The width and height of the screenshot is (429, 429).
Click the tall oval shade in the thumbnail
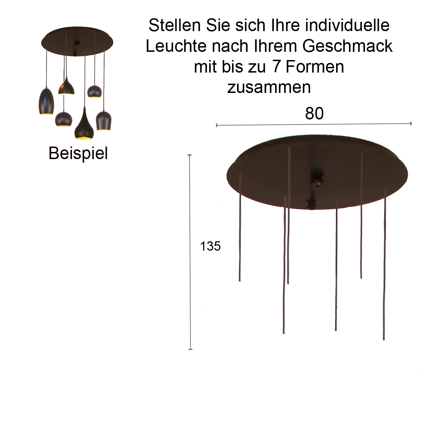coord(46,102)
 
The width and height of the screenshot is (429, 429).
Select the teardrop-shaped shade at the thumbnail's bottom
coord(84,125)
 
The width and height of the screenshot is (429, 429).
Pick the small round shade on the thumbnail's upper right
coord(94,92)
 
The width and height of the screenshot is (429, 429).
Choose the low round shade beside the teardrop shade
coord(64,119)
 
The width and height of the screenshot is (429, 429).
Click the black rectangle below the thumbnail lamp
coord(78,154)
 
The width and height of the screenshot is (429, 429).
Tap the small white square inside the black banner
coord(276,66)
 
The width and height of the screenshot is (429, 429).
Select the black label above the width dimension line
coord(314,113)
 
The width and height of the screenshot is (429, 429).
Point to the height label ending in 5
coord(211,246)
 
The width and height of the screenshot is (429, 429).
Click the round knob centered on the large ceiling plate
coord(317,182)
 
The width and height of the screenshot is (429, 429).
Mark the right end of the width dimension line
coord(410,124)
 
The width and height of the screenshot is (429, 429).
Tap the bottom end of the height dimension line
coord(191,348)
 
